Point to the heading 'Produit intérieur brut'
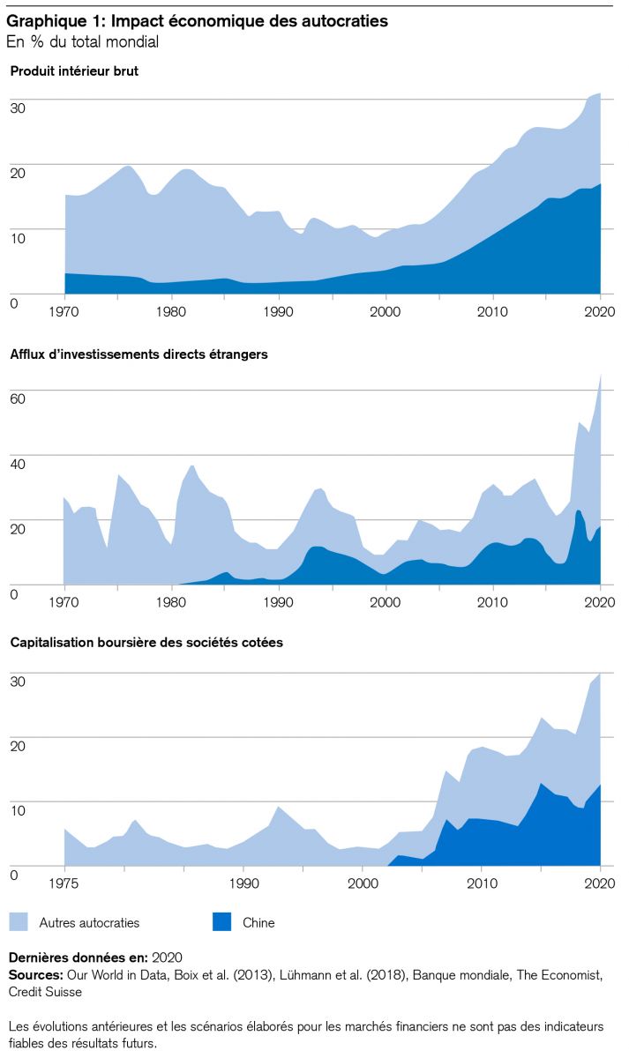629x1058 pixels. click(x=74, y=71)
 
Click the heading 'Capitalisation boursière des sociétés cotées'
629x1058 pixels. click(x=146, y=643)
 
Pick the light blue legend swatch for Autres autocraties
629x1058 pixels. click(x=20, y=922)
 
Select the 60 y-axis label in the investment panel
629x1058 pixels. click(x=17, y=398)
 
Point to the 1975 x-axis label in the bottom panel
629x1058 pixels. click(x=64, y=882)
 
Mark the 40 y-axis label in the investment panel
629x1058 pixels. click(x=17, y=463)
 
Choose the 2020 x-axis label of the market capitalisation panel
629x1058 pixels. click(x=600, y=882)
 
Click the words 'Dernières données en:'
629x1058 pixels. click(x=78, y=957)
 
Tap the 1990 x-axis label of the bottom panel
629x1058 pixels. click(x=243, y=882)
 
